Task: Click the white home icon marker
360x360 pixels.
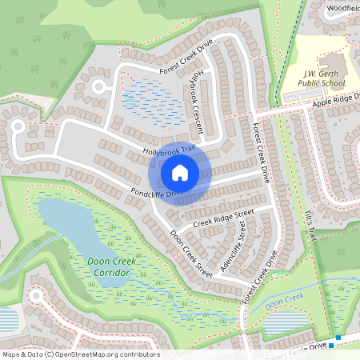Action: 180,172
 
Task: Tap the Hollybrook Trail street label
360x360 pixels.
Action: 169,150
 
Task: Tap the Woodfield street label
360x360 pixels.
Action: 343,6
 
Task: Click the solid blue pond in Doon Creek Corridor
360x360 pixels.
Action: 76,228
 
